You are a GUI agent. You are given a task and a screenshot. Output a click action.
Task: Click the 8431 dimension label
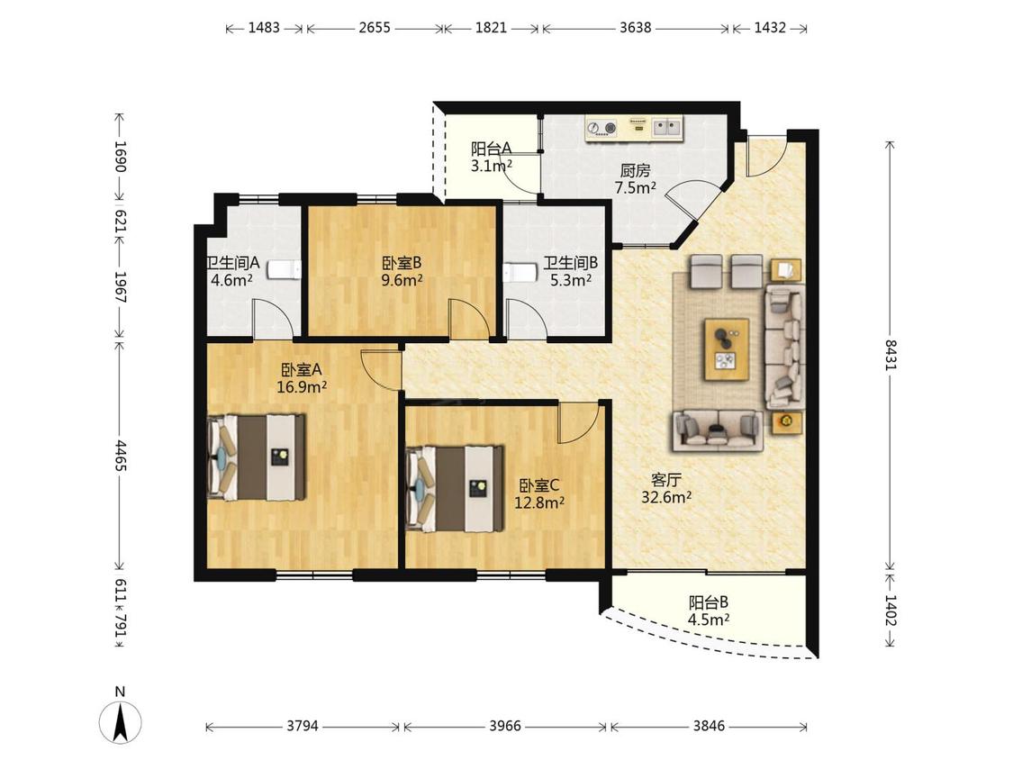(891, 355)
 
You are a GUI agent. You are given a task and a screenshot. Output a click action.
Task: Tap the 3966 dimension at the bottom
(504, 726)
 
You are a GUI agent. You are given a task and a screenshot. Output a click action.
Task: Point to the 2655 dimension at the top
(375, 28)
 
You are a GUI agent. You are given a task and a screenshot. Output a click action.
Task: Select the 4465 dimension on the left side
(120, 457)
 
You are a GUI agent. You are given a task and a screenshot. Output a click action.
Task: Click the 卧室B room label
(402, 263)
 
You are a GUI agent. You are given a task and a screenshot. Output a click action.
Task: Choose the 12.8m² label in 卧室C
(539, 502)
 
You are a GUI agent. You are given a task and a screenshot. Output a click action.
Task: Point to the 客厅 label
(666, 480)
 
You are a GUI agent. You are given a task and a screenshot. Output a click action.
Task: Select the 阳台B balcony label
(709, 602)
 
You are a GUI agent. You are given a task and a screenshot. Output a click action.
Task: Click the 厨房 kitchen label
(635, 170)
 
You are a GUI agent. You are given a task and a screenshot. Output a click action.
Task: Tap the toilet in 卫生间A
(285, 269)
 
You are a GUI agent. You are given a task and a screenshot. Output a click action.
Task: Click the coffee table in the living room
(727, 349)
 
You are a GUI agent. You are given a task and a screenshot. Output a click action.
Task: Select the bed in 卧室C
(455, 489)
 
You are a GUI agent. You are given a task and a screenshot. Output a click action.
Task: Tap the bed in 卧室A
(257, 457)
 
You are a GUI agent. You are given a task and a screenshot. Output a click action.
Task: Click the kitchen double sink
(666, 127)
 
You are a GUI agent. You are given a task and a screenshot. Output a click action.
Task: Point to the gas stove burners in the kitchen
(601, 128)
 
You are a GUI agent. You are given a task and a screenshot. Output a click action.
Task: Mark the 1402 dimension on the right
(891, 610)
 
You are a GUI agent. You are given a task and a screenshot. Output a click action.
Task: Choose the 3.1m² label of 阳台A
(492, 166)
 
